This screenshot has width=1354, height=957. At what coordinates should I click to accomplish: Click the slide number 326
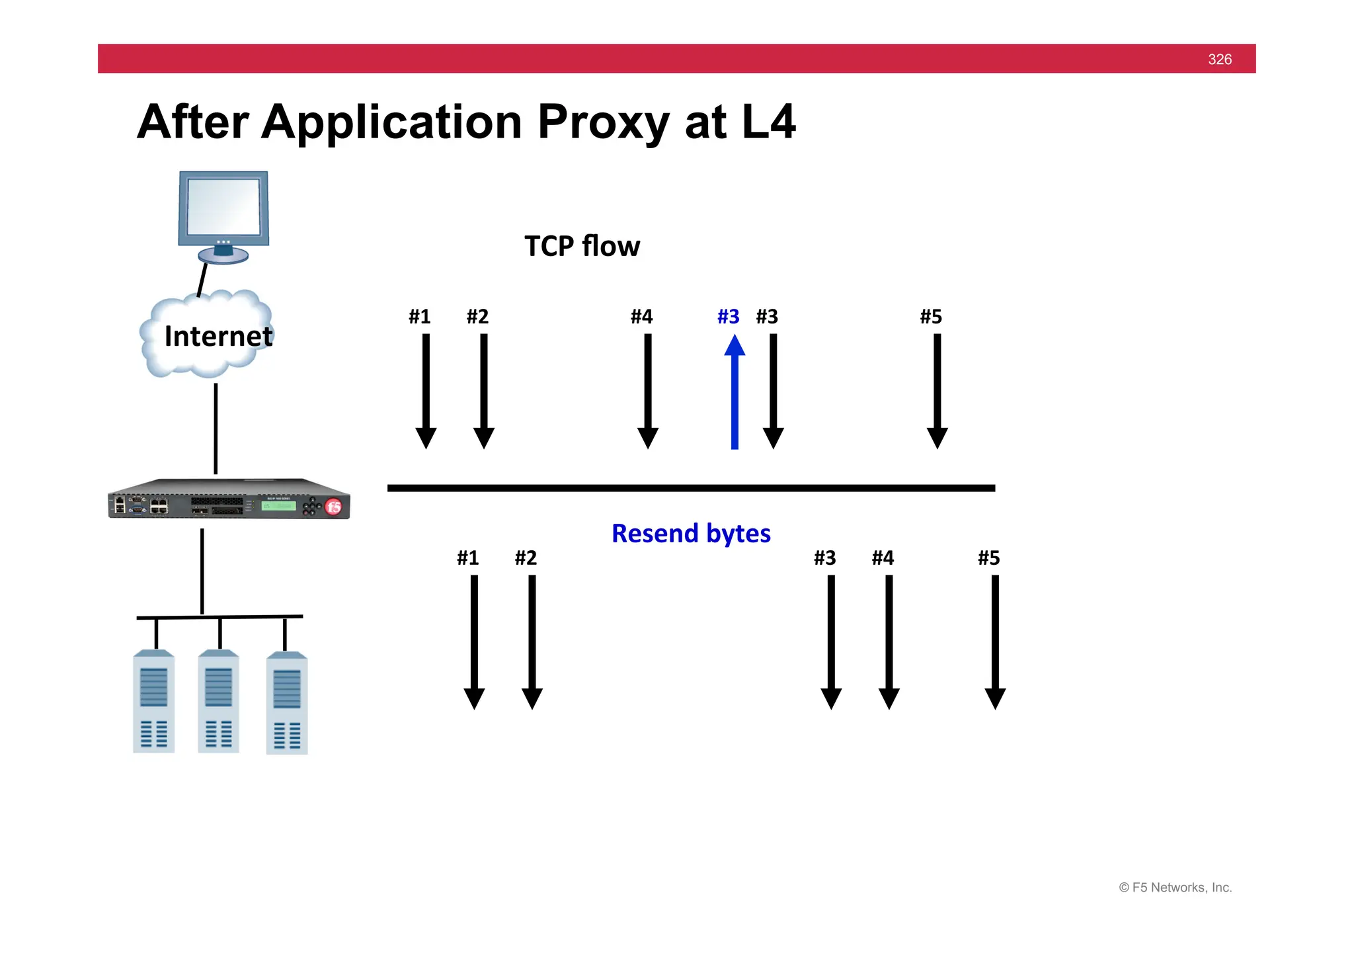(1219, 60)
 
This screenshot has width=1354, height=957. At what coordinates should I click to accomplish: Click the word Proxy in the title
(603, 122)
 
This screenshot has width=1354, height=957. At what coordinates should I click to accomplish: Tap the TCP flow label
(582, 246)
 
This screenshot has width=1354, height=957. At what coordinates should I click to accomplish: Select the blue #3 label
(728, 317)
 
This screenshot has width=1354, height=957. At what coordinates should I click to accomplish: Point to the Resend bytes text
(691, 534)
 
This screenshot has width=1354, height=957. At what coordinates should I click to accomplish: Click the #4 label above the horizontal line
(641, 317)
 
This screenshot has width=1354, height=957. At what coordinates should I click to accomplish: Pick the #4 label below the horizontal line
(883, 558)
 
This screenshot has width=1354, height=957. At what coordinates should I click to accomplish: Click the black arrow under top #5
(937, 390)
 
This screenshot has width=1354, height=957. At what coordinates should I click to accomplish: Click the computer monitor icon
(223, 215)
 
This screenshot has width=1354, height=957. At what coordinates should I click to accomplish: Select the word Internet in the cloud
(218, 337)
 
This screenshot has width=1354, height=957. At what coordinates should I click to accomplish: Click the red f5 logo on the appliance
(334, 507)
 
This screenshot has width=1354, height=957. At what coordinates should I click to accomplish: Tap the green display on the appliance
(278, 506)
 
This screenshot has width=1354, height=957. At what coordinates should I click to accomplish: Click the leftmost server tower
(153, 702)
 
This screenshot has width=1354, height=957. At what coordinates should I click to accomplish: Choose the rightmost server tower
(286, 704)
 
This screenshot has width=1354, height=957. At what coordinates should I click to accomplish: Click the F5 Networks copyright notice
(1175, 888)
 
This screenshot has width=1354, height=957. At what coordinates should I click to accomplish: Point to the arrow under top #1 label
(426, 390)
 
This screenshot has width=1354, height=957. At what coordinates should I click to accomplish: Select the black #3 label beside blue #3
(767, 317)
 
